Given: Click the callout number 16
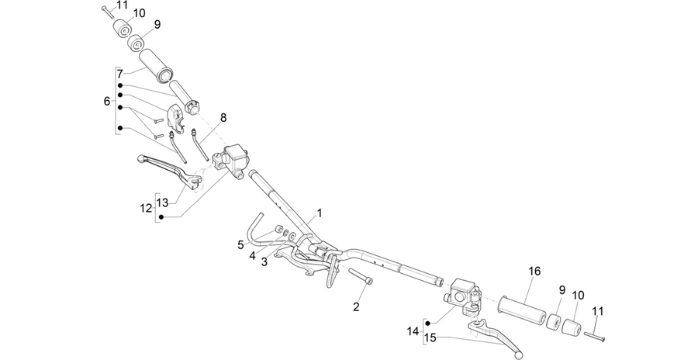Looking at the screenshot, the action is coord(534,271).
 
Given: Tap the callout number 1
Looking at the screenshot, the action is coord(320,213).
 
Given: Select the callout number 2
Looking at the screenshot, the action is coord(356,306).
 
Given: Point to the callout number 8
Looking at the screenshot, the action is coord(223,118).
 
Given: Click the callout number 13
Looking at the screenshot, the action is coord(163,202).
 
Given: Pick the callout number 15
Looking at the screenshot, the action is coord(430,337).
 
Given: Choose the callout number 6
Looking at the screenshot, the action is coord(107,101).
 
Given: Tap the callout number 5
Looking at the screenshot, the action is coord(240,244).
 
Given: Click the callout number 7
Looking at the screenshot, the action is coord(119,74).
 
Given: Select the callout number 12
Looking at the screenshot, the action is coord(146,208).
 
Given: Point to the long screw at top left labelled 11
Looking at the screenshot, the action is coord(108,12).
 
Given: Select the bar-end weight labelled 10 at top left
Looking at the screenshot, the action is coord(124,29).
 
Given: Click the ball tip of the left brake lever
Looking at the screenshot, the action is coord(141,157).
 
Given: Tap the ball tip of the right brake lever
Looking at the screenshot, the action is coord(517,355).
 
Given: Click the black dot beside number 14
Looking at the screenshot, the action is coord(428,323).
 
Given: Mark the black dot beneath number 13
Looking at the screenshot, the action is coord(161,216).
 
